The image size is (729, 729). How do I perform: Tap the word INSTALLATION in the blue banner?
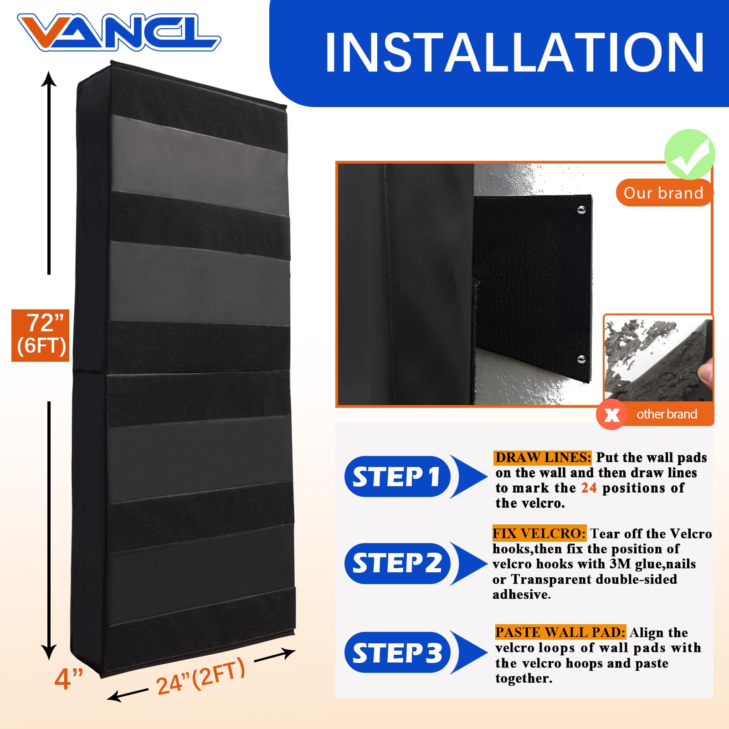coord(515,53)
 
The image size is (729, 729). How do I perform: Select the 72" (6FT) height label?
coord(41,335)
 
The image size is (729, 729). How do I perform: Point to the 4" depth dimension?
coord(68,679)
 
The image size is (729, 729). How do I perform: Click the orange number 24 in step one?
coord(589,488)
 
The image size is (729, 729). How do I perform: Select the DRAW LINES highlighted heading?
coord(543,457)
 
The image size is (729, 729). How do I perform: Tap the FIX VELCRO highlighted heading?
coord(539,534)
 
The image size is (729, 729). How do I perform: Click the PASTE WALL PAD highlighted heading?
coord(560,632)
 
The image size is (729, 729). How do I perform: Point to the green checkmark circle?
coord(689,154)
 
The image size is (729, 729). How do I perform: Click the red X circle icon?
coord(611,414)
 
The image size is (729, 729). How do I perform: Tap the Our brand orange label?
coord(663,193)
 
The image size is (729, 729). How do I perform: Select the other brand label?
coord(667,414)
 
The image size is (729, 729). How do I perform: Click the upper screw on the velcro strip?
coord(581,210)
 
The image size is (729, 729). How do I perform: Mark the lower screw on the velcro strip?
coord(581,359)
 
